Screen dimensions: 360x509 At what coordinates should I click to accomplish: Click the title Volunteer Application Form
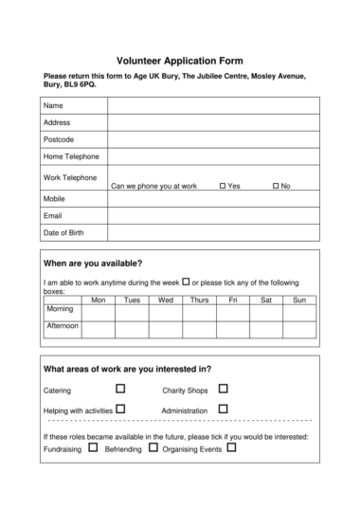point(180,58)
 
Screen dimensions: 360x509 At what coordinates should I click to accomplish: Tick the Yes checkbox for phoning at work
point(222,186)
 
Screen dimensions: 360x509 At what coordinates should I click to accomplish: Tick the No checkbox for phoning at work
point(276,186)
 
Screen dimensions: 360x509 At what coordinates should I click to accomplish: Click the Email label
point(53,216)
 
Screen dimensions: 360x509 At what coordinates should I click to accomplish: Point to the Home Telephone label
point(70,156)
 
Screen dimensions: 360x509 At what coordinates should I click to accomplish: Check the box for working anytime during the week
point(186,282)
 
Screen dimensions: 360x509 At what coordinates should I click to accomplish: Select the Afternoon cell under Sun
point(299,329)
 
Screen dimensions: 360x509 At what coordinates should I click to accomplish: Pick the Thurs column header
point(199,300)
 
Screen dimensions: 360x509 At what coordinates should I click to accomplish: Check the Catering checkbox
point(120,389)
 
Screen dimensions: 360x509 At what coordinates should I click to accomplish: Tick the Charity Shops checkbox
point(224,389)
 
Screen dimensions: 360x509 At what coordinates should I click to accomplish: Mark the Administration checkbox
point(224,409)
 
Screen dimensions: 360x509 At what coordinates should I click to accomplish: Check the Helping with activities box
point(120,409)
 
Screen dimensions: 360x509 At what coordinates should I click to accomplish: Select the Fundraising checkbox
point(93,447)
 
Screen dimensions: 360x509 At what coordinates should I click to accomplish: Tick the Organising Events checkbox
point(232,447)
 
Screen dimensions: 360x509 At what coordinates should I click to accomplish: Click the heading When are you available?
point(93,263)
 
